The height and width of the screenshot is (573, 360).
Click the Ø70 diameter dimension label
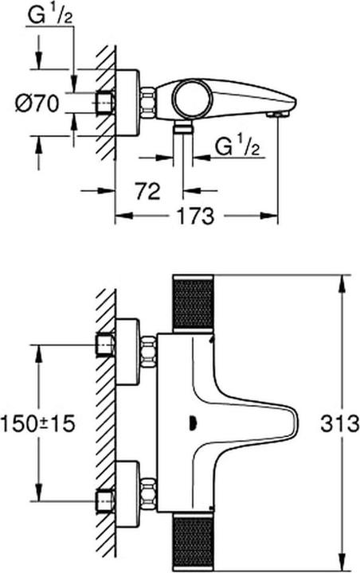(37, 103)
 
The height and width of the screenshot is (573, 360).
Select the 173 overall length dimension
(195, 216)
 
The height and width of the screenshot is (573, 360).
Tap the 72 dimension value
(148, 191)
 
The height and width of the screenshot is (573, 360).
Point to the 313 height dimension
(340, 424)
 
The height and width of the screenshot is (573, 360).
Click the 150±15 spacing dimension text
(38, 424)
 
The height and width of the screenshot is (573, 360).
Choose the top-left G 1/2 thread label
(50, 16)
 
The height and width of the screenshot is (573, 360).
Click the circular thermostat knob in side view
(193, 99)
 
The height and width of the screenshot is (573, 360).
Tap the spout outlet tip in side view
(279, 115)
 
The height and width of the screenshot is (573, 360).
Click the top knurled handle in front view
(193, 302)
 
